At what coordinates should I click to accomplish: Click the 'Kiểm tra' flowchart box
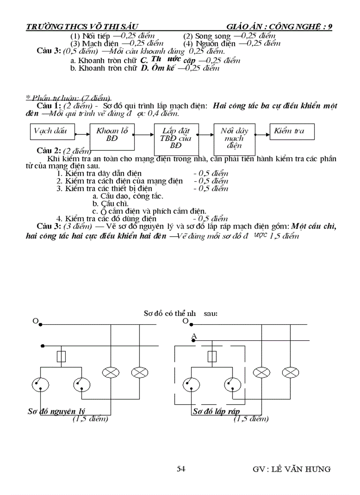tap(292, 131)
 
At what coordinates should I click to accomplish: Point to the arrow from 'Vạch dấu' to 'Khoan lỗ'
tap(82, 132)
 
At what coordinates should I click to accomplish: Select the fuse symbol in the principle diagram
tap(61, 357)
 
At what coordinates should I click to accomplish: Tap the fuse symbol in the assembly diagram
tap(213, 357)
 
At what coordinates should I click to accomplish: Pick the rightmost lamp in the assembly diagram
tap(290, 372)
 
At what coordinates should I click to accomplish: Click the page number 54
tap(181, 469)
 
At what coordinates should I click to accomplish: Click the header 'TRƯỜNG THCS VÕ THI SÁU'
tap(75, 26)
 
